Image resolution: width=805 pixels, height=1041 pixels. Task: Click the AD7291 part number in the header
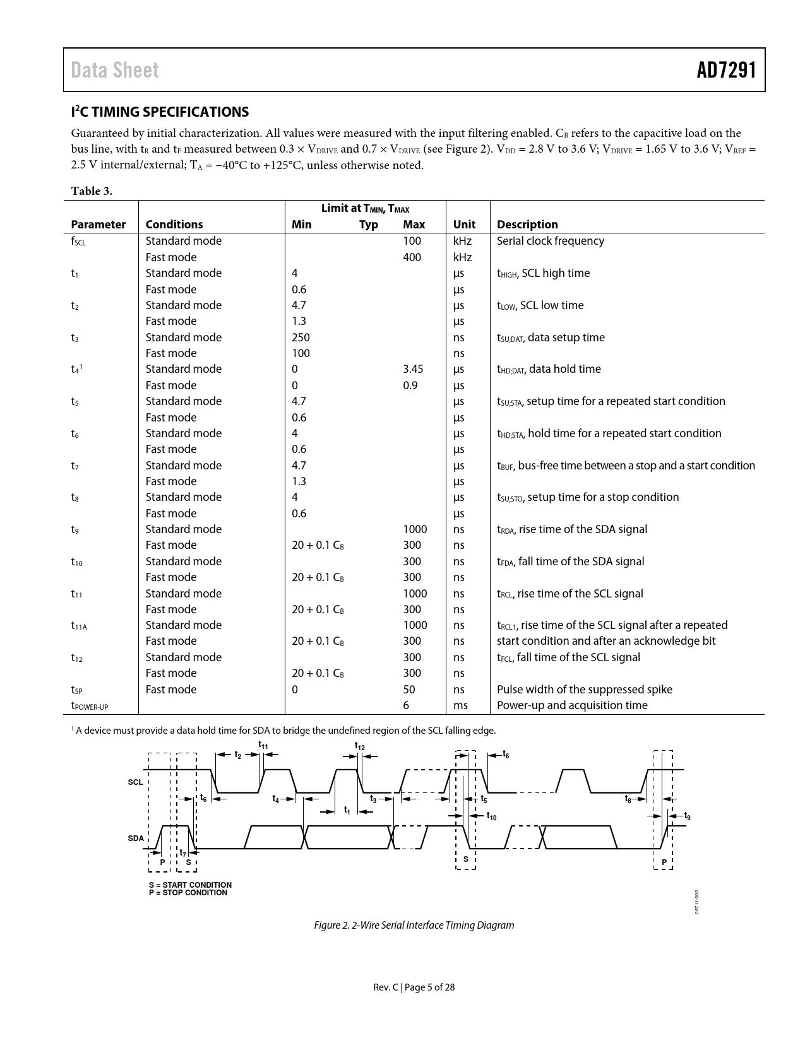point(726,70)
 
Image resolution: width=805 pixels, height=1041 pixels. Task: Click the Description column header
point(527,225)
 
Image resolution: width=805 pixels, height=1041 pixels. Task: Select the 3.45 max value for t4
point(413,369)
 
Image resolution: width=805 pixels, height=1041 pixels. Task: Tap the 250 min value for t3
point(301,338)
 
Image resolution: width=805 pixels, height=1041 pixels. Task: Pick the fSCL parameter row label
point(78,242)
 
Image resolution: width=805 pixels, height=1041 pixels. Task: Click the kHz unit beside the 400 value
point(462,257)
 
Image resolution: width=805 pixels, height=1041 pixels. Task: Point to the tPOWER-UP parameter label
point(89,706)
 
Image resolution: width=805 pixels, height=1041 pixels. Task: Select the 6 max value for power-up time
point(406,705)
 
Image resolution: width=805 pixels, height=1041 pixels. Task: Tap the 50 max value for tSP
point(409,690)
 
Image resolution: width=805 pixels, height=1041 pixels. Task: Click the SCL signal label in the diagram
point(135,782)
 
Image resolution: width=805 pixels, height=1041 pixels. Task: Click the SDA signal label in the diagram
point(136,838)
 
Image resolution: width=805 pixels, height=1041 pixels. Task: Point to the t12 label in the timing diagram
point(359,747)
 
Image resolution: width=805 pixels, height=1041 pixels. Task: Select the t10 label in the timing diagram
point(491,817)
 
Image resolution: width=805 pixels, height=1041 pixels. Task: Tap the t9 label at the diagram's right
point(687,816)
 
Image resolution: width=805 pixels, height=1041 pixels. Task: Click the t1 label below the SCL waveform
point(347,810)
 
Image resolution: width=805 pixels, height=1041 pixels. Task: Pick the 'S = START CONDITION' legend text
point(190,885)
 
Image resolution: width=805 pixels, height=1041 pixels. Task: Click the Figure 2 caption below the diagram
point(414,925)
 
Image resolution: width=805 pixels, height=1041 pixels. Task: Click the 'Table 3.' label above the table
point(92,191)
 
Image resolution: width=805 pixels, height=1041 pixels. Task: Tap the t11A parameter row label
point(79,626)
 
